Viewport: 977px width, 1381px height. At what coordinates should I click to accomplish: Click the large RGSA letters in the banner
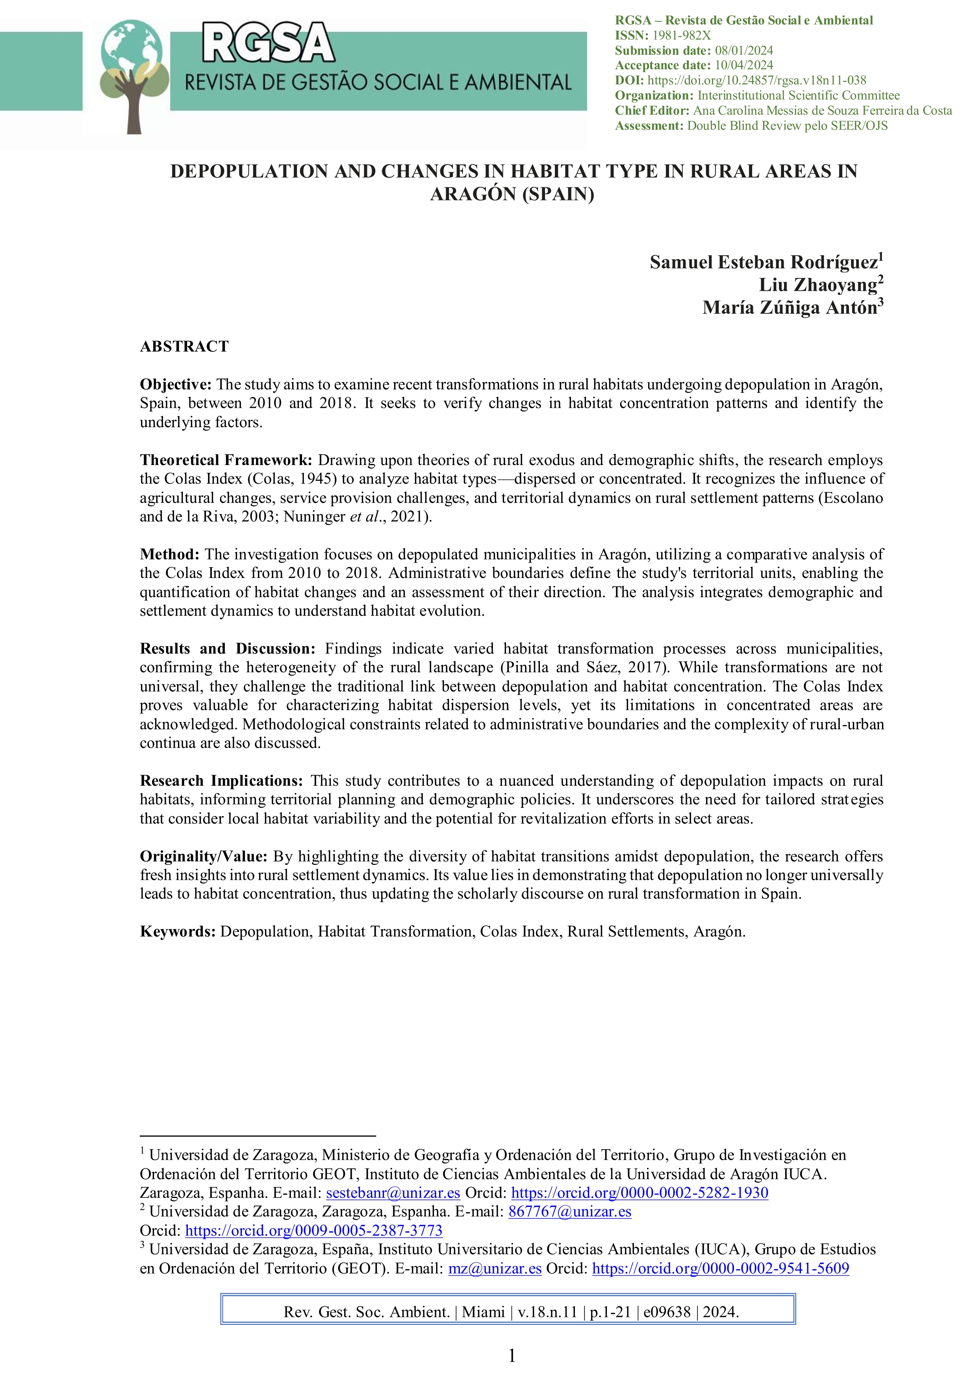click(268, 43)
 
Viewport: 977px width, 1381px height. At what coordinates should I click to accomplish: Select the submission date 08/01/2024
click(743, 50)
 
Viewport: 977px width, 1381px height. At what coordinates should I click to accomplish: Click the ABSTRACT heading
click(184, 346)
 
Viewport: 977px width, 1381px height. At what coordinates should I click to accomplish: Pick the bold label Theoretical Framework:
click(226, 460)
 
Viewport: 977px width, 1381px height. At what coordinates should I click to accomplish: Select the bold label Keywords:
click(178, 932)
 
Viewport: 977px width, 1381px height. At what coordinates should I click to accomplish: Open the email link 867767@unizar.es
click(570, 1211)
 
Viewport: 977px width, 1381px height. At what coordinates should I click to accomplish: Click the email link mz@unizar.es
click(495, 1268)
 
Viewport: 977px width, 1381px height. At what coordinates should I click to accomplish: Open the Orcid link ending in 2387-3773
click(313, 1231)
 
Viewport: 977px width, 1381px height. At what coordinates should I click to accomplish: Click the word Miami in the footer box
click(483, 1312)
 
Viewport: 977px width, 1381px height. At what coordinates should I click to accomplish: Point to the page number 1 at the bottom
click(512, 1356)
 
